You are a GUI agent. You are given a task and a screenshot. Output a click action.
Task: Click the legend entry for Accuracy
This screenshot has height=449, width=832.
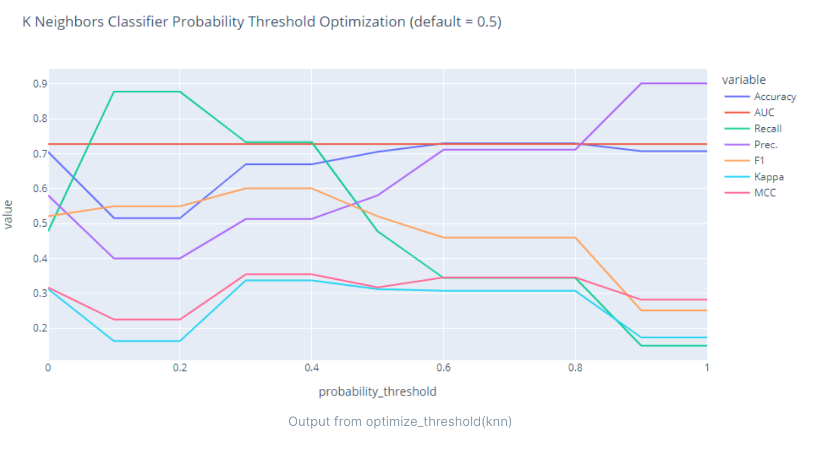774,97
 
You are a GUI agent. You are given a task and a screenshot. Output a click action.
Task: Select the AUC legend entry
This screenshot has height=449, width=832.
764,112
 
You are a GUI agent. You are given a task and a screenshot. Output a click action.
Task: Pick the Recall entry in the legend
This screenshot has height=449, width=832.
768,128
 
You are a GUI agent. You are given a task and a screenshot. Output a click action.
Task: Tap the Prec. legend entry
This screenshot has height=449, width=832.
765,144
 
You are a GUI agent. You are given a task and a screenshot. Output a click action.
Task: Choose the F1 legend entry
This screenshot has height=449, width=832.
759,161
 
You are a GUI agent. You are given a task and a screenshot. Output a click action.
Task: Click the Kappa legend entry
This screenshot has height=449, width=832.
769,177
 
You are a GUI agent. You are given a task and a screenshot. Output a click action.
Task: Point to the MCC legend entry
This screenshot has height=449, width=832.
765,193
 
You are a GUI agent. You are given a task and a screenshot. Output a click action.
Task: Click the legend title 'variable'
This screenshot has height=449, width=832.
743,80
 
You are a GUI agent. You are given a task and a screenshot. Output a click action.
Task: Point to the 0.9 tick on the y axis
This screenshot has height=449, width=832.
40,84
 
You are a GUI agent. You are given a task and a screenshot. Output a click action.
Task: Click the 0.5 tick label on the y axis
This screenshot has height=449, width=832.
40,223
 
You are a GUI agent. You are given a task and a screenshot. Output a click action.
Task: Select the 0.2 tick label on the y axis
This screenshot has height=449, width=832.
40,328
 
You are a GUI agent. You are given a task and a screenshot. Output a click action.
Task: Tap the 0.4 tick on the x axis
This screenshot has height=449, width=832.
312,368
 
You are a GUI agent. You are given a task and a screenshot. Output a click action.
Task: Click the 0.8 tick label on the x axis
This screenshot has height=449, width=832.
575,368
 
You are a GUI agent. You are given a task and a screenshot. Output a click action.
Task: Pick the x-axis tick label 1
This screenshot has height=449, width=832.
707,368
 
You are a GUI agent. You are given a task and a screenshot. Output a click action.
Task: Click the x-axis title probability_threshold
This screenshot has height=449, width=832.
377,392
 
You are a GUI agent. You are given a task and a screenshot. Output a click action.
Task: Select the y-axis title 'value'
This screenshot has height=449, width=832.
8,214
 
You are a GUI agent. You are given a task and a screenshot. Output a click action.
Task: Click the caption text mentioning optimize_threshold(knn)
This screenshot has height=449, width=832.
400,422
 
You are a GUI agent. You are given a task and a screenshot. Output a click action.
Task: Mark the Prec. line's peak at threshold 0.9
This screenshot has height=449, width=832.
641,84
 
